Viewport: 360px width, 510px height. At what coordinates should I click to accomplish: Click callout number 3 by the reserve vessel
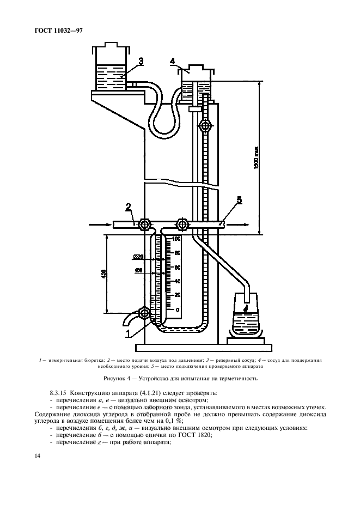pyautogui.click(x=141, y=62)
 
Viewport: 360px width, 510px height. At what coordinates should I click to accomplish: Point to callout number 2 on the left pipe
pyautogui.click(x=129, y=207)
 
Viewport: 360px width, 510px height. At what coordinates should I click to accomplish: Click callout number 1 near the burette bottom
pyautogui.click(x=129, y=332)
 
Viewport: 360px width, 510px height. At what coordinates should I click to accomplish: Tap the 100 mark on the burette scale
pyautogui.click(x=176, y=239)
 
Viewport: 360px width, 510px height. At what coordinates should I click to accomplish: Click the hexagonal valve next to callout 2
pyautogui.click(x=144, y=224)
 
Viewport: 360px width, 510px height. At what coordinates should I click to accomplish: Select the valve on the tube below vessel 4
pyautogui.click(x=204, y=126)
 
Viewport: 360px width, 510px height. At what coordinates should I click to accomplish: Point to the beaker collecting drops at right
pyautogui.click(x=246, y=321)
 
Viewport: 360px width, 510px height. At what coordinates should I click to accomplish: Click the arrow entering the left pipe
pyautogui.click(x=98, y=224)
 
